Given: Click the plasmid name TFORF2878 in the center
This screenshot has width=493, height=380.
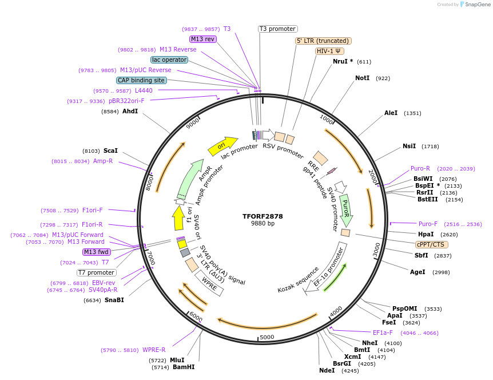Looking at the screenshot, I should point(263,216).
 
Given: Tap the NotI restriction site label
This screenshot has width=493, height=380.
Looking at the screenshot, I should point(362,78).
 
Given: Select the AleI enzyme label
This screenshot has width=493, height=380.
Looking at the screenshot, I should point(391,113).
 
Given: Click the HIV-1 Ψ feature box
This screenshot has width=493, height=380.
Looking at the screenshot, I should point(330,51).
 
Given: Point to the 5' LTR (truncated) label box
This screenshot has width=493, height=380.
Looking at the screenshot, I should point(323,41).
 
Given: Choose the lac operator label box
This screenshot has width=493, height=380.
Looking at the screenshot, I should point(169,60).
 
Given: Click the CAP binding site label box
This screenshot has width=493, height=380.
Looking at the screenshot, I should point(141,81).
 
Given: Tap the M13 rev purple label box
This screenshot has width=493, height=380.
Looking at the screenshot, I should point(203,39).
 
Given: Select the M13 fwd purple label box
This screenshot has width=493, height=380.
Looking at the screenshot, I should point(96,252).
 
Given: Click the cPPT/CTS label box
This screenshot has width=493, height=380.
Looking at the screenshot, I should point(430,244).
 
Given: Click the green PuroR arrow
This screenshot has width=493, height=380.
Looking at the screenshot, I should point(345,209).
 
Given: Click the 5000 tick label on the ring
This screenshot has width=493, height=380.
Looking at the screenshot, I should point(267,338).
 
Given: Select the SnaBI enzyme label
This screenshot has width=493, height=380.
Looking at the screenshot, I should point(114,300).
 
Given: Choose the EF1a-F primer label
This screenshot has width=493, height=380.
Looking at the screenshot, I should point(383,332).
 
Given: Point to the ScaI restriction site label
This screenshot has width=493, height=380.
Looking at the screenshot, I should point(110,151).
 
